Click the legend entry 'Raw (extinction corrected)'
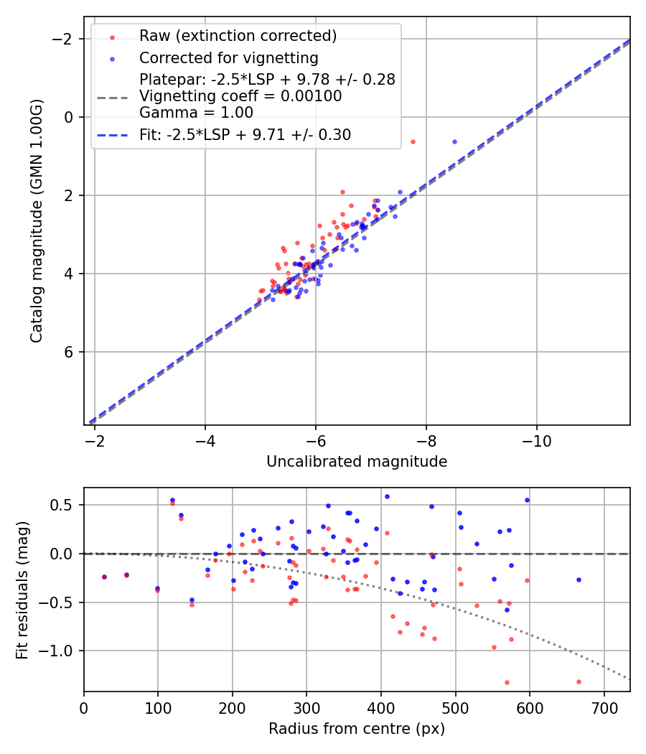tap(238, 36)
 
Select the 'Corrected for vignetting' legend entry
tap(228, 57)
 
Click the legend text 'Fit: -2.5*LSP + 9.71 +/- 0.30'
tap(245, 135)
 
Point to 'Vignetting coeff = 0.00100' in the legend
tap(240, 96)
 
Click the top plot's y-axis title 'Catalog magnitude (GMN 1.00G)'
tap(37, 220)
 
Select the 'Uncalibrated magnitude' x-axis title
tap(357, 462)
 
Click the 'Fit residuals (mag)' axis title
tap(22, 590)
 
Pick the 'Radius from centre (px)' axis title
tap(357, 729)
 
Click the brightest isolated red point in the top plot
tap(413, 141)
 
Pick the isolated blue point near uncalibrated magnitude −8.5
tap(454, 141)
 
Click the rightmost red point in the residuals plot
tap(579, 681)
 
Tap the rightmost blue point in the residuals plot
tap(579, 580)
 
